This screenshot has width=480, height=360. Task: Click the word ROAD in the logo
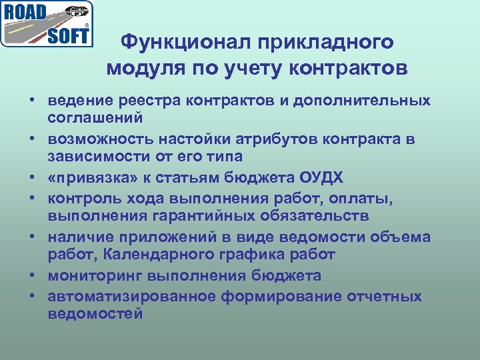tap(27, 13)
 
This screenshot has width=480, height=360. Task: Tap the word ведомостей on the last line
tap(95, 313)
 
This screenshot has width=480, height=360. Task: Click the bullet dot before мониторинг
tap(31, 276)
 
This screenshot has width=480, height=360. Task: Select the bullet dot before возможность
tap(31, 139)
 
